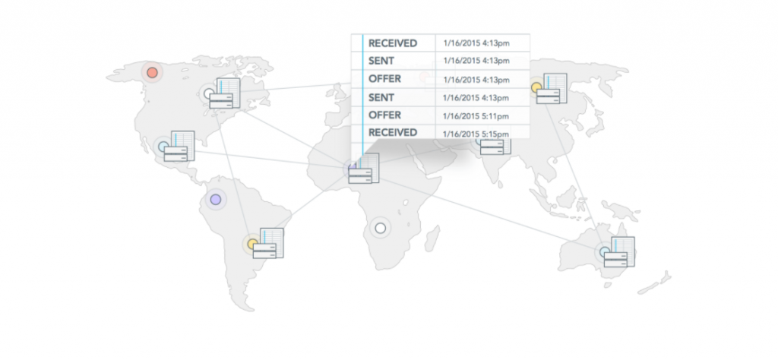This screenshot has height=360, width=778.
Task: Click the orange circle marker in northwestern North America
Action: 153,72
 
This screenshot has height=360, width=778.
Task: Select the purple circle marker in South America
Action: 216,200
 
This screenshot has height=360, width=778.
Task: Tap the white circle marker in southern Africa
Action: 380,228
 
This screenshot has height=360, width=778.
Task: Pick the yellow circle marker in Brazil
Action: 252,245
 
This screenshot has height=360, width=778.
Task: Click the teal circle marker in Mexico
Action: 162,146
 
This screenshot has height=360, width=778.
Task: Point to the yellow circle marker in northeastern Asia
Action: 536,87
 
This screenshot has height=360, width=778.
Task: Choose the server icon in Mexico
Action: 180,146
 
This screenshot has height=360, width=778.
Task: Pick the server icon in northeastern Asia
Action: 552,89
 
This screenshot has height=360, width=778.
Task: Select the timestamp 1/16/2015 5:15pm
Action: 476,134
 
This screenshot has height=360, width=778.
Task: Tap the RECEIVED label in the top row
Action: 393,43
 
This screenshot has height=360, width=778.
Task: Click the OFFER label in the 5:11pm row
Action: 384,115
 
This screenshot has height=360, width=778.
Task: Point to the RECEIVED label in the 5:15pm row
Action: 393,133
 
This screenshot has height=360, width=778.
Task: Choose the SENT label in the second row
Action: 381,61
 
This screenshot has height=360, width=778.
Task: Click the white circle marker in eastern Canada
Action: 209,95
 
